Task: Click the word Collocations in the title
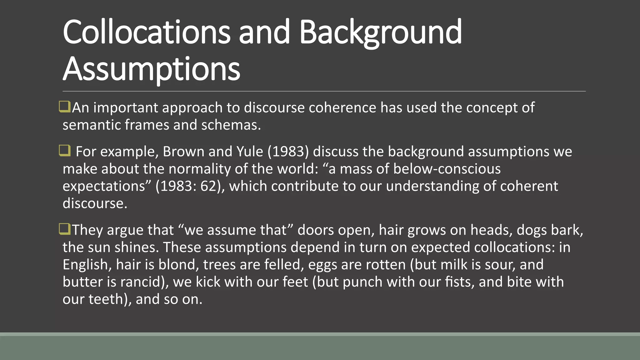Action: [146, 32]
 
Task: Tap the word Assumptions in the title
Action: [152, 69]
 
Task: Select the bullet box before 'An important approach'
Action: [65, 107]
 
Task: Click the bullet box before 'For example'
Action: [65, 151]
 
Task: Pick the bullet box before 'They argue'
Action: [65, 229]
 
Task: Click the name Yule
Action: [250, 152]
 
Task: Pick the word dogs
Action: [529, 230]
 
